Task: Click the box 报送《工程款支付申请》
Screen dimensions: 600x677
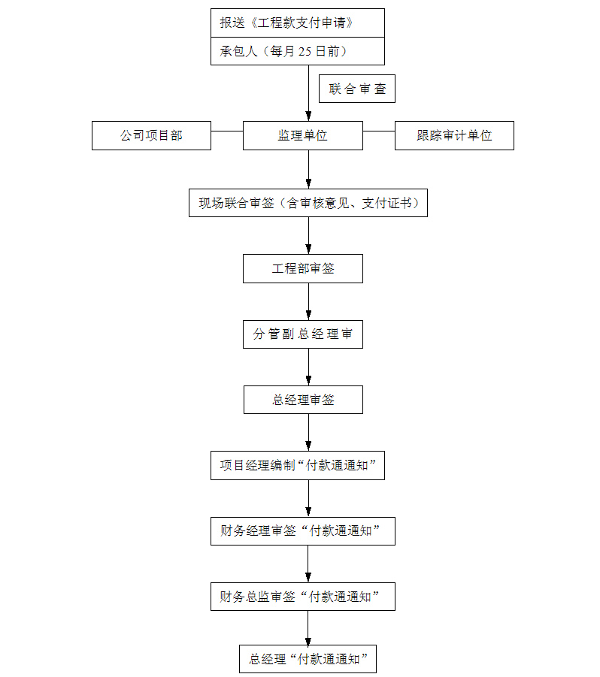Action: [298, 23]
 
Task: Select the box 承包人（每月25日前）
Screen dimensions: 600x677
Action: [298, 51]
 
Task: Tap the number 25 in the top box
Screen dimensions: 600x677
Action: [305, 51]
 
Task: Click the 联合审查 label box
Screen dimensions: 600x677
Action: [357, 89]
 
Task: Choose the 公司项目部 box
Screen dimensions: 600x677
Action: [152, 135]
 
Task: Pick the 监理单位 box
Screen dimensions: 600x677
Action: [303, 135]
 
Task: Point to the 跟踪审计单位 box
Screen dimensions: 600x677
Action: [454, 135]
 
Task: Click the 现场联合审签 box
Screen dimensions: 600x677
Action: [308, 203]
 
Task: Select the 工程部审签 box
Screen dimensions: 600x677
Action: [303, 268]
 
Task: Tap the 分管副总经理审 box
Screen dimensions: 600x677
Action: [303, 334]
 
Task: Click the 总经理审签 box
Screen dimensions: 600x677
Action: [303, 400]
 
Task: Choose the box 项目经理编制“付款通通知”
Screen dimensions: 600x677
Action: [298, 465]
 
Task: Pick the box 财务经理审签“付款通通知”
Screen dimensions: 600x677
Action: [303, 531]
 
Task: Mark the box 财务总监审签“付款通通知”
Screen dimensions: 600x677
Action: [303, 597]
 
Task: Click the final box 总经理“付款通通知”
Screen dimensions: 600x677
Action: [308, 659]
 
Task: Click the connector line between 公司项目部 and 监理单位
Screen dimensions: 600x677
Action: [227, 131]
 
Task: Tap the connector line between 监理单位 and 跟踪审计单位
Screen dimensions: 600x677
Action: [379, 131]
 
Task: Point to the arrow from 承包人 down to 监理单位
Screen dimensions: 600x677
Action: [308, 93]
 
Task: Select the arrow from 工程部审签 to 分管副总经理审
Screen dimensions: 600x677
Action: [308, 301]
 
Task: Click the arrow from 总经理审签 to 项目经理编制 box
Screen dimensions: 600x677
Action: [308, 433]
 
